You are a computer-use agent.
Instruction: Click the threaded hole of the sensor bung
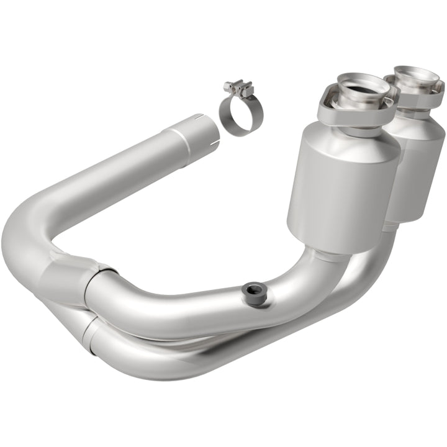click(x=252, y=287)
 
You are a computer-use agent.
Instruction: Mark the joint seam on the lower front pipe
click(x=91, y=327)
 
